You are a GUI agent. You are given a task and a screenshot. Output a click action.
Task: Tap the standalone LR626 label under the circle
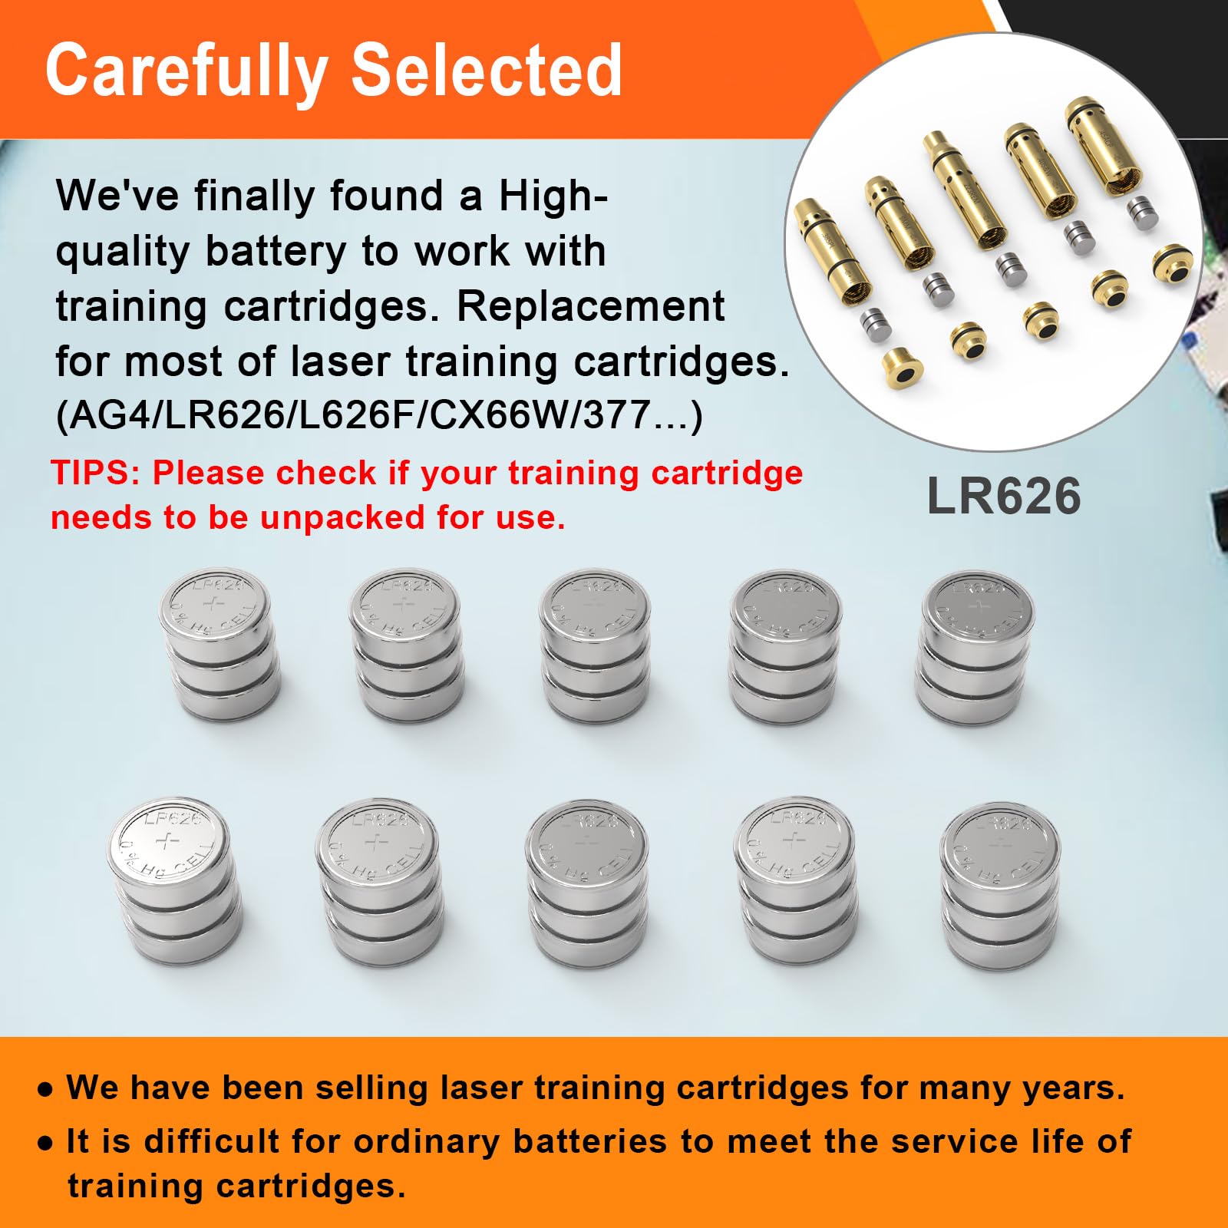coord(1004,496)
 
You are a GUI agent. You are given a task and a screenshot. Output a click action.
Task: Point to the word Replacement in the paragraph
coord(590,306)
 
